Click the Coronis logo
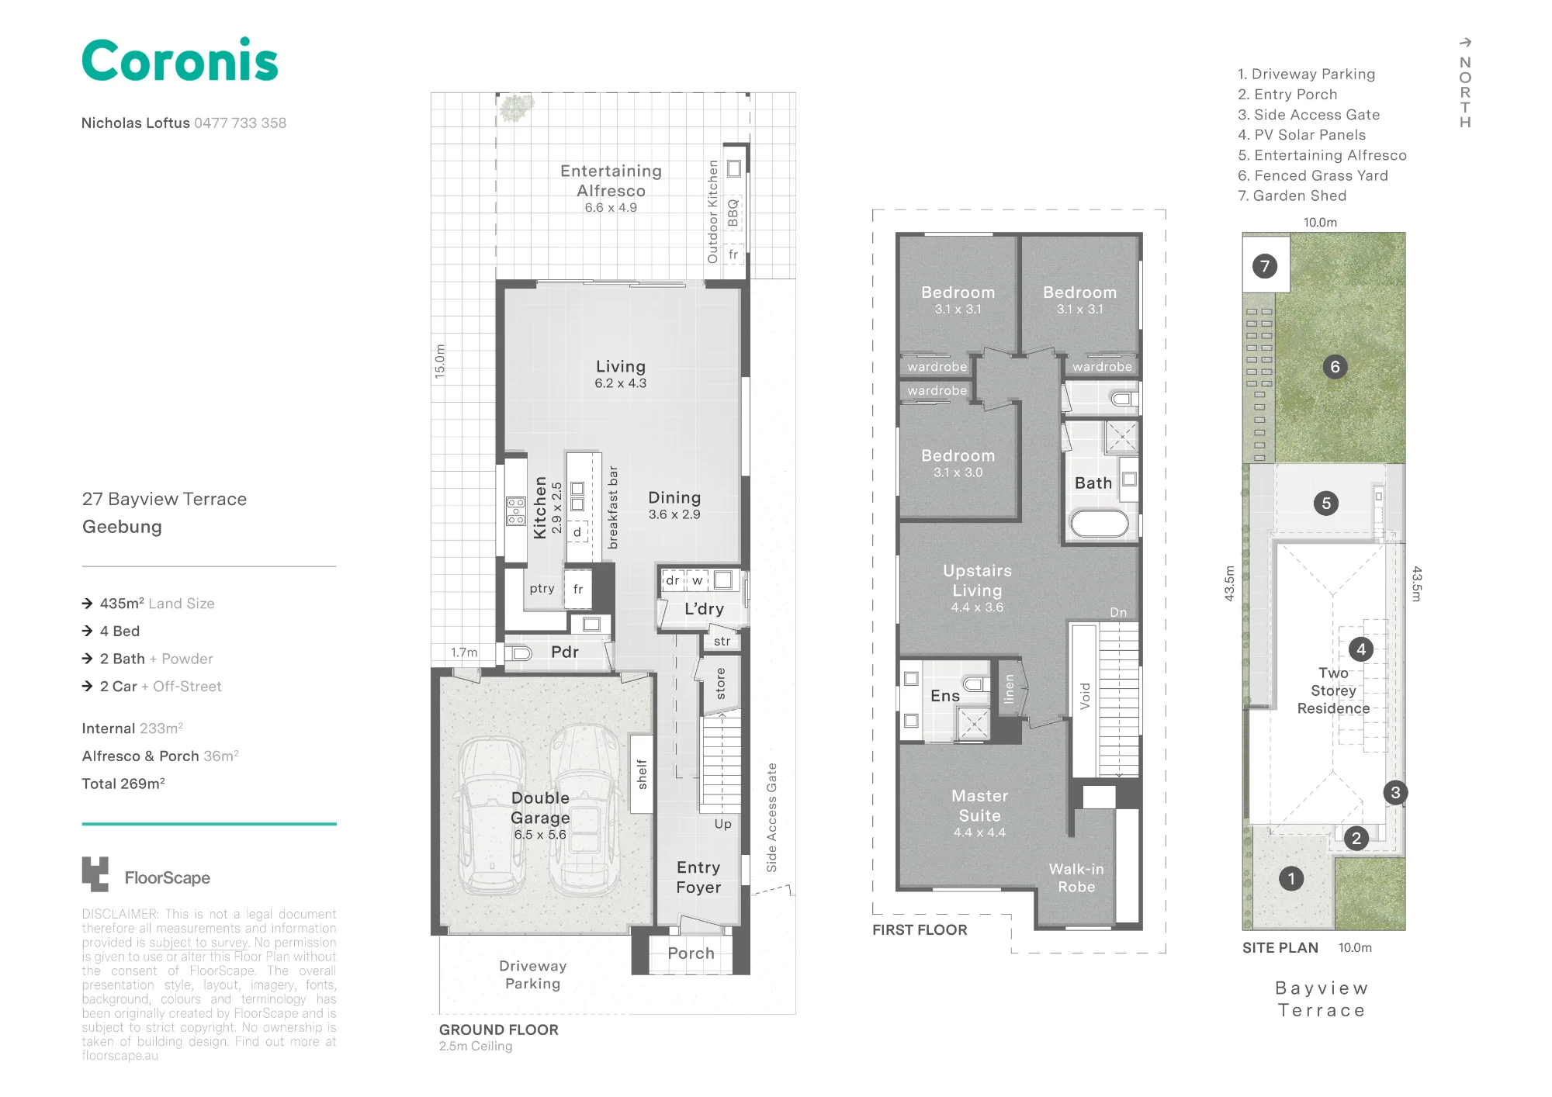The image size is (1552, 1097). coord(180,60)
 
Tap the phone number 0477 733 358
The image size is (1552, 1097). coord(241,123)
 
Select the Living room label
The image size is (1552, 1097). coord(621,366)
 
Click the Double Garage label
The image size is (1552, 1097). coord(540,808)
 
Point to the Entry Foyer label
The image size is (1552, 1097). coord(698,877)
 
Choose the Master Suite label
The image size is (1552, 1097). coord(980,805)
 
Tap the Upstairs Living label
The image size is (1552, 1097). coord(978,580)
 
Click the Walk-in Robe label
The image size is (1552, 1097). coord(1076,877)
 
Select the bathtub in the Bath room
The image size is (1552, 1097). coord(1100,524)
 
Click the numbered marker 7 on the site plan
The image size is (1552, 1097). coord(1265,266)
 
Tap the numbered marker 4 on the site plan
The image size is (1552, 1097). coord(1360,649)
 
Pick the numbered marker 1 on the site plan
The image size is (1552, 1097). coord(1291,878)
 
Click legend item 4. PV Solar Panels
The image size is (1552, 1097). coord(1301,135)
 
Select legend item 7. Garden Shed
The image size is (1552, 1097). coord(1292,196)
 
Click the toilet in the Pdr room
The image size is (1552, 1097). coord(519,653)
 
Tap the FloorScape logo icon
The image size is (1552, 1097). coord(95,874)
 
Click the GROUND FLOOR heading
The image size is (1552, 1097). coord(498,1030)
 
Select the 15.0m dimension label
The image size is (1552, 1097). coord(440,361)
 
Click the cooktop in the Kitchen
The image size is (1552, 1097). coord(516,511)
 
